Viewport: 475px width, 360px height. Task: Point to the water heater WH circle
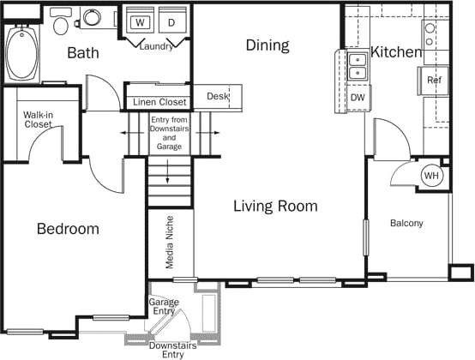(x=431, y=176)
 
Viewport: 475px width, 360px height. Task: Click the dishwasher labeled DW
(x=357, y=98)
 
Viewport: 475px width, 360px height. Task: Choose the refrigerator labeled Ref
(x=434, y=81)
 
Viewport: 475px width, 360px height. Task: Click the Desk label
(x=218, y=97)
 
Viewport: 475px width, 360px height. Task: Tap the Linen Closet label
(x=159, y=103)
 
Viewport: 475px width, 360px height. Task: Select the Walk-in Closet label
(x=38, y=119)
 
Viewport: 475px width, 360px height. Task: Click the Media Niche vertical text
(x=170, y=243)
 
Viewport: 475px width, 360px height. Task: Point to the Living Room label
(x=276, y=207)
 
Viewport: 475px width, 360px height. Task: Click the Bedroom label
(x=68, y=229)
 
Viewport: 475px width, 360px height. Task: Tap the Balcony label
(x=406, y=224)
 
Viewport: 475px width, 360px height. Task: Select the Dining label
(x=268, y=45)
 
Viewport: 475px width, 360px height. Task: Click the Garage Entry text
(x=164, y=308)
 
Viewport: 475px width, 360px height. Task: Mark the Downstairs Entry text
(x=166, y=350)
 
